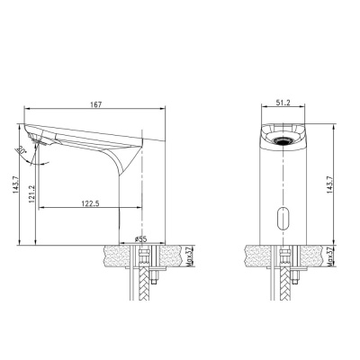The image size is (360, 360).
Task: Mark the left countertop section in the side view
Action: tap(112, 254)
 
